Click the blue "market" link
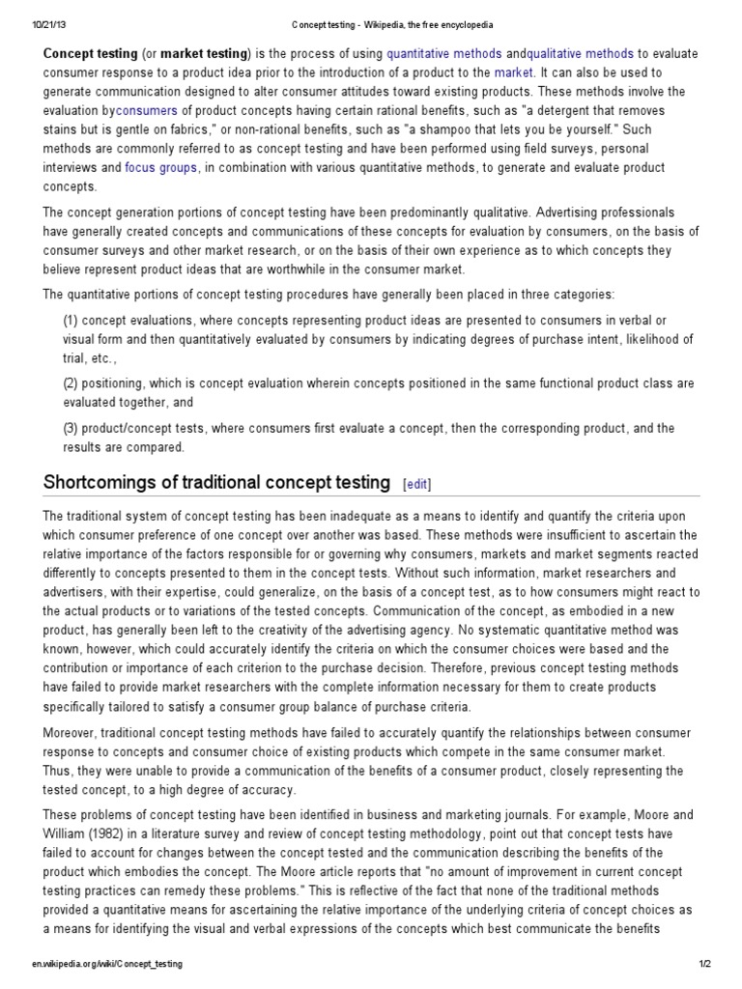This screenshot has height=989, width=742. tap(513, 73)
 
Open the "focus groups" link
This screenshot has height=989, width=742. tap(160, 167)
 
